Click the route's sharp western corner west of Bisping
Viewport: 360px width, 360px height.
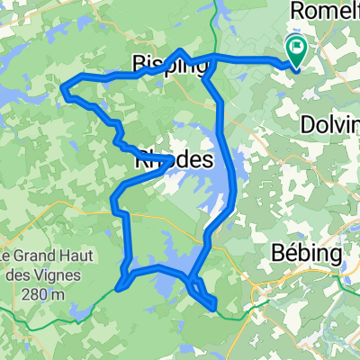[x=63, y=86]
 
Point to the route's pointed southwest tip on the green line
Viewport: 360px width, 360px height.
[x=118, y=289]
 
